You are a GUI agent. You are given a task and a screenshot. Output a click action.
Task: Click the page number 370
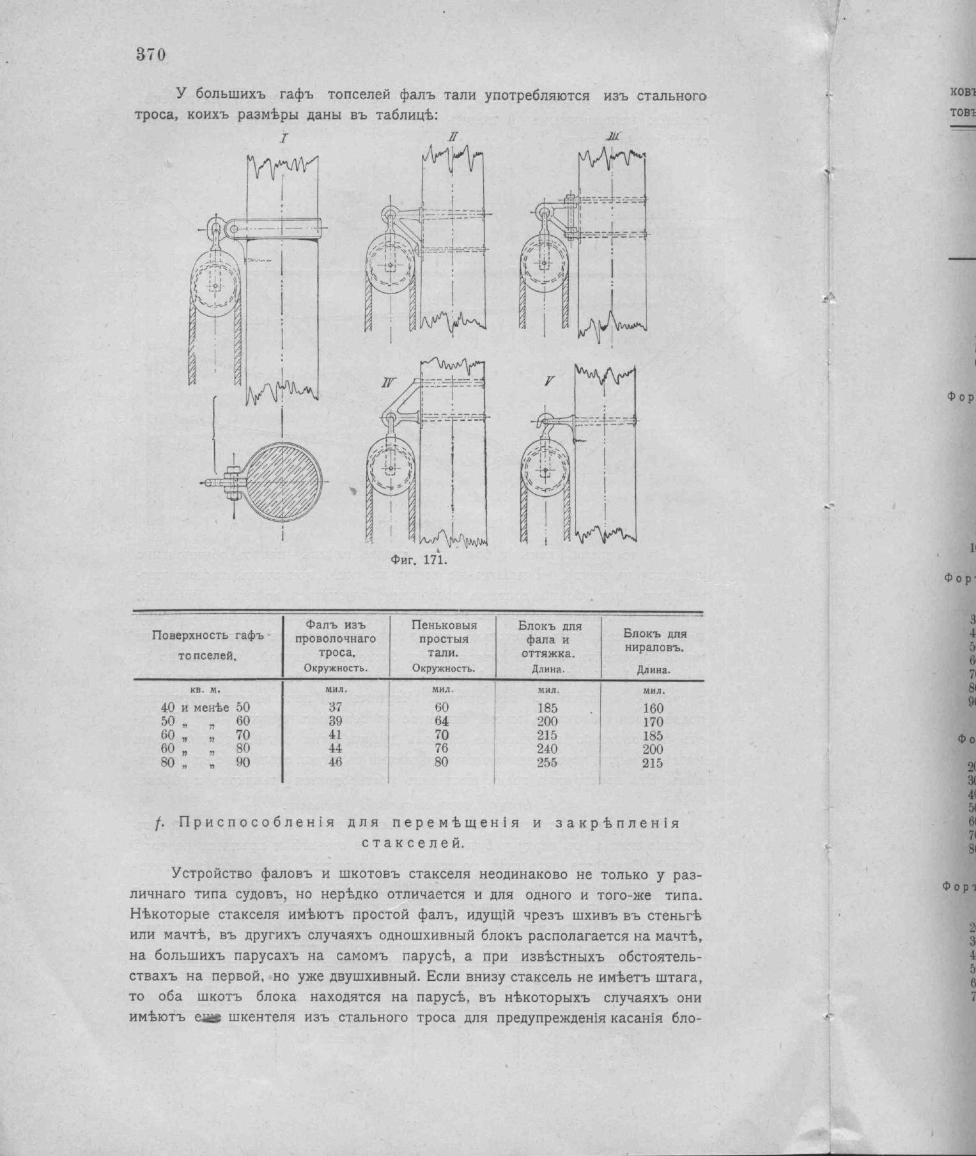tap(151, 55)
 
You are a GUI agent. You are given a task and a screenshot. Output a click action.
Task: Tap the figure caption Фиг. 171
tap(418, 561)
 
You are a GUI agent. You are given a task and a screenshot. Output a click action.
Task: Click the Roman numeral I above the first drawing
tap(284, 138)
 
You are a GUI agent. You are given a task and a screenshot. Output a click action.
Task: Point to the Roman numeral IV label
tap(388, 383)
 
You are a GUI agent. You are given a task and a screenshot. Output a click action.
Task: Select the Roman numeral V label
tap(548, 382)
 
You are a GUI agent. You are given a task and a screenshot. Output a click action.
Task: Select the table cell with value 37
tap(336, 707)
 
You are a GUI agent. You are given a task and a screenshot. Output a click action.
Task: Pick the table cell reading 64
tap(442, 721)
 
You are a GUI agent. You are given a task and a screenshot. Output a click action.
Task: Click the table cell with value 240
tap(547, 749)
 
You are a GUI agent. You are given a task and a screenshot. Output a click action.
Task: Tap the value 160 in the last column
tap(653, 708)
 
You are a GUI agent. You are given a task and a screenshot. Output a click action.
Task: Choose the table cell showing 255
tap(547, 762)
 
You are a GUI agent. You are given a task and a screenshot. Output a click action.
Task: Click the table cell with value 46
tap(336, 762)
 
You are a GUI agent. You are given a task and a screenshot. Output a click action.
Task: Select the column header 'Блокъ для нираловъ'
tap(655, 641)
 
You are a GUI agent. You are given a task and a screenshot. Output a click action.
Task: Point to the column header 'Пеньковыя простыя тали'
tap(444, 639)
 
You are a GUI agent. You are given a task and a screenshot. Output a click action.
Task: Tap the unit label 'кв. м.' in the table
tap(206, 691)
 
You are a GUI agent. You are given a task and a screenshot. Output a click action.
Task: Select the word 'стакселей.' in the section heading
tap(412, 843)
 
